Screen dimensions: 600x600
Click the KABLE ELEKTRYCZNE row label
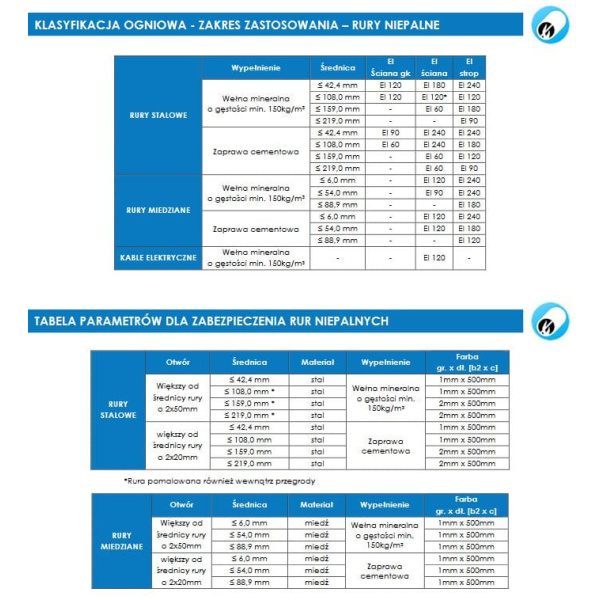click(x=158, y=258)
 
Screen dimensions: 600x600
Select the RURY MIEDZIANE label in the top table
click(x=158, y=209)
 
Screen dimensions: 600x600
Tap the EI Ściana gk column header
click(x=390, y=68)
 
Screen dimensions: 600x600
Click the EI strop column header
click(x=468, y=68)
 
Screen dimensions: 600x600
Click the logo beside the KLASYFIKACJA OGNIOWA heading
click(x=550, y=26)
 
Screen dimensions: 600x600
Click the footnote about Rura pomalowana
click(x=205, y=481)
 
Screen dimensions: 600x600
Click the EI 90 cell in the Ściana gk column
click(x=390, y=133)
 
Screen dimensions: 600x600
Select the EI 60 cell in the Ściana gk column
click(x=390, y=145)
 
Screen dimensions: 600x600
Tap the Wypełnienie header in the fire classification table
click(x=254, y=68)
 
